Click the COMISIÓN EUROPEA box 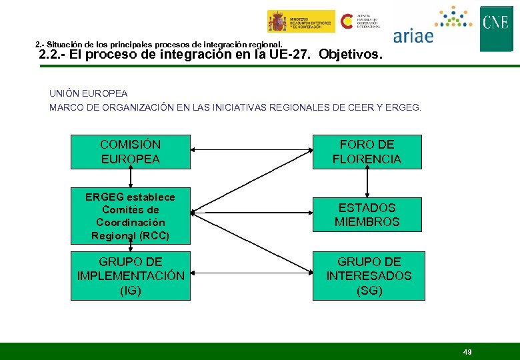(x=130, y=151)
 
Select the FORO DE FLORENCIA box (x=367, y=151)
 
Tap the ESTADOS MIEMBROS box (x=367, y=215)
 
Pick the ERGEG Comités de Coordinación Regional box (x=130, y=216)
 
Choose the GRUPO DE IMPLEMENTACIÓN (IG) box (x=130, y=275)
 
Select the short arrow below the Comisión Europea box (x=131, y=177)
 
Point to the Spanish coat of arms (x=277, y=21)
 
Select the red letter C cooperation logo (x=347, y=21)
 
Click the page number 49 (x=467, y=351)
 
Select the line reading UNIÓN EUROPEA (x=88, y=93)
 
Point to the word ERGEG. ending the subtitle (x=403, y=107)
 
